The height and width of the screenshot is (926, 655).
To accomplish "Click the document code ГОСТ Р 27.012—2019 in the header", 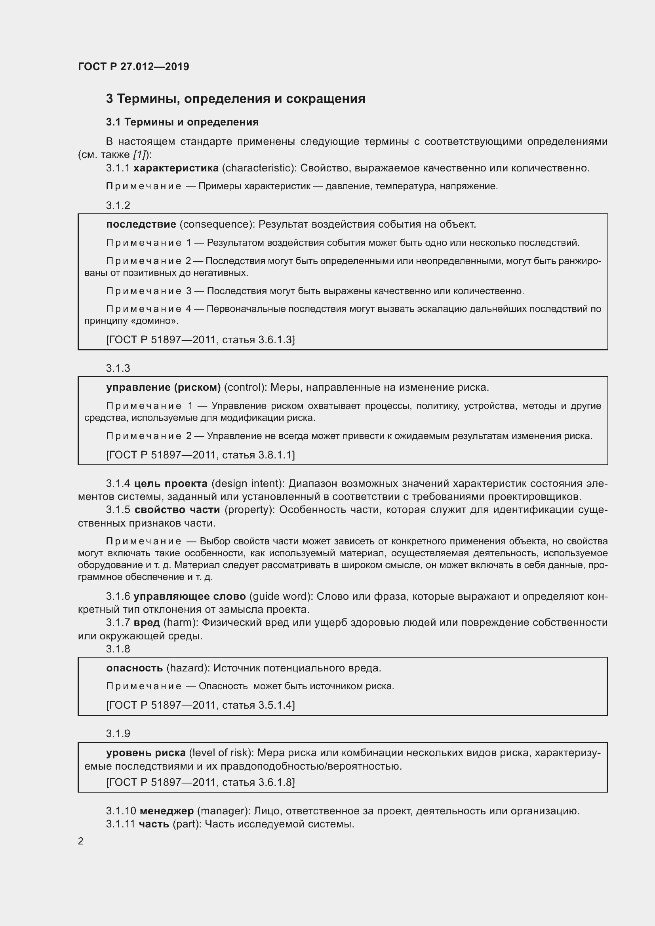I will [133, 67].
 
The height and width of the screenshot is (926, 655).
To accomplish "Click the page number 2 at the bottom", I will [81, 841].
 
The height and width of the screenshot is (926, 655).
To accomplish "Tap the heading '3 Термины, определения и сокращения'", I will [236, 99].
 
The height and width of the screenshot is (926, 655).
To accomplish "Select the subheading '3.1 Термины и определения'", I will [182, 122].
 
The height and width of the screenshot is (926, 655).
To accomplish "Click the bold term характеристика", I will [176, 168].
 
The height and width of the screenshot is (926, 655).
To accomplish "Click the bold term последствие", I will [141, 224].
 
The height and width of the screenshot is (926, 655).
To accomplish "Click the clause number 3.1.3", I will [118, 368].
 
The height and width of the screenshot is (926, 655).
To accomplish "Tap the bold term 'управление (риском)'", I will [163, 388].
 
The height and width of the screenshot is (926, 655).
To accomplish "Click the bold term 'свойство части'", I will [177, 510].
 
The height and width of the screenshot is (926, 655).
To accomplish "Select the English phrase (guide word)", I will [281, 597].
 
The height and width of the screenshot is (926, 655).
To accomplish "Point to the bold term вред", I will [147, 623].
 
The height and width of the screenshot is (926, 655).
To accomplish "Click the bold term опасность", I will [134, 668].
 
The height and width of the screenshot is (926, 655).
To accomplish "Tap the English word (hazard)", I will [188, 668].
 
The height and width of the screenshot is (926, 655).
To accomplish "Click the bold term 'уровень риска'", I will [146, 753].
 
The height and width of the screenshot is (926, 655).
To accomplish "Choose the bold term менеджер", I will [167, 811].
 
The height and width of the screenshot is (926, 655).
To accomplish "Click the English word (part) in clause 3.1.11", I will [187, 824].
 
